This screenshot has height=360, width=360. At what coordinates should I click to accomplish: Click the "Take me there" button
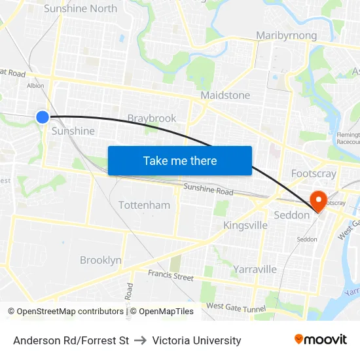pyautogui.click(x=180, y=160)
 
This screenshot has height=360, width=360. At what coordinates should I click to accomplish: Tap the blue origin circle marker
pyautogui.click(x=43, y=117)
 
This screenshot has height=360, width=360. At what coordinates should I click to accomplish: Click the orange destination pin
pyautogui.click(x=319, y=200)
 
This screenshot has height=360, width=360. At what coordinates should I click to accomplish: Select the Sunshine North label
pyautogui.click(x=80, y=9)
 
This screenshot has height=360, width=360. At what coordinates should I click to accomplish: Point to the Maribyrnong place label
pyautogui.click(x=287, y=35)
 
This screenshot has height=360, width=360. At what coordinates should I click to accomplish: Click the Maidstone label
pyautogui.click(x=225, y=95)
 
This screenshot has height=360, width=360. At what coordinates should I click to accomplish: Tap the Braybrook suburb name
pyautogui.click(x=152, y=118)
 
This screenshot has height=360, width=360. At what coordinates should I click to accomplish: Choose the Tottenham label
pyautogui.click(x=144, y=205)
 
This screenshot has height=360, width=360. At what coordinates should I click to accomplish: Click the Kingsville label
pyautogui.click(x=245, y=225)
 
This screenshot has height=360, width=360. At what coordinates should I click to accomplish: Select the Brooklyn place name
pyautogui.click(x=101, y=260)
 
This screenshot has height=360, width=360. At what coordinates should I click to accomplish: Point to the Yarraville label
pyautogui.click(x=255, y=269)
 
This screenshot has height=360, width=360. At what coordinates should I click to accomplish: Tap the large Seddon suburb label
pyautogui.click(x=291, y=215)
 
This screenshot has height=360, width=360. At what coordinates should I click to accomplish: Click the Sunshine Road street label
pyautogui.click(x=208, y=190)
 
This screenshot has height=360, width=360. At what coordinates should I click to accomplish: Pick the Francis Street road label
pyautogui.click(x=171, y=276)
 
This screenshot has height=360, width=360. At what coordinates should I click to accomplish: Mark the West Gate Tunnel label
pyautogui.click(x=236, y=307)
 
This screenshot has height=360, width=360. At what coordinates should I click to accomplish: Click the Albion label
pyautogui.click(x=35, y=85)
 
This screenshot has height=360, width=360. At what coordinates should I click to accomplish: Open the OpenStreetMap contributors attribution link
pyautogui.click(x=67, y=312)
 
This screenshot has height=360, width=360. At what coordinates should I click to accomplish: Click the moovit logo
pyautogui.click(x=321, y=339)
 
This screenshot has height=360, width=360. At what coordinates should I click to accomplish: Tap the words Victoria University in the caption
pyautogui.click(x=196, y=340)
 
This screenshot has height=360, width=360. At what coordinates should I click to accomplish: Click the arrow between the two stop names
pyautogui.click(x=140, y=340)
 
